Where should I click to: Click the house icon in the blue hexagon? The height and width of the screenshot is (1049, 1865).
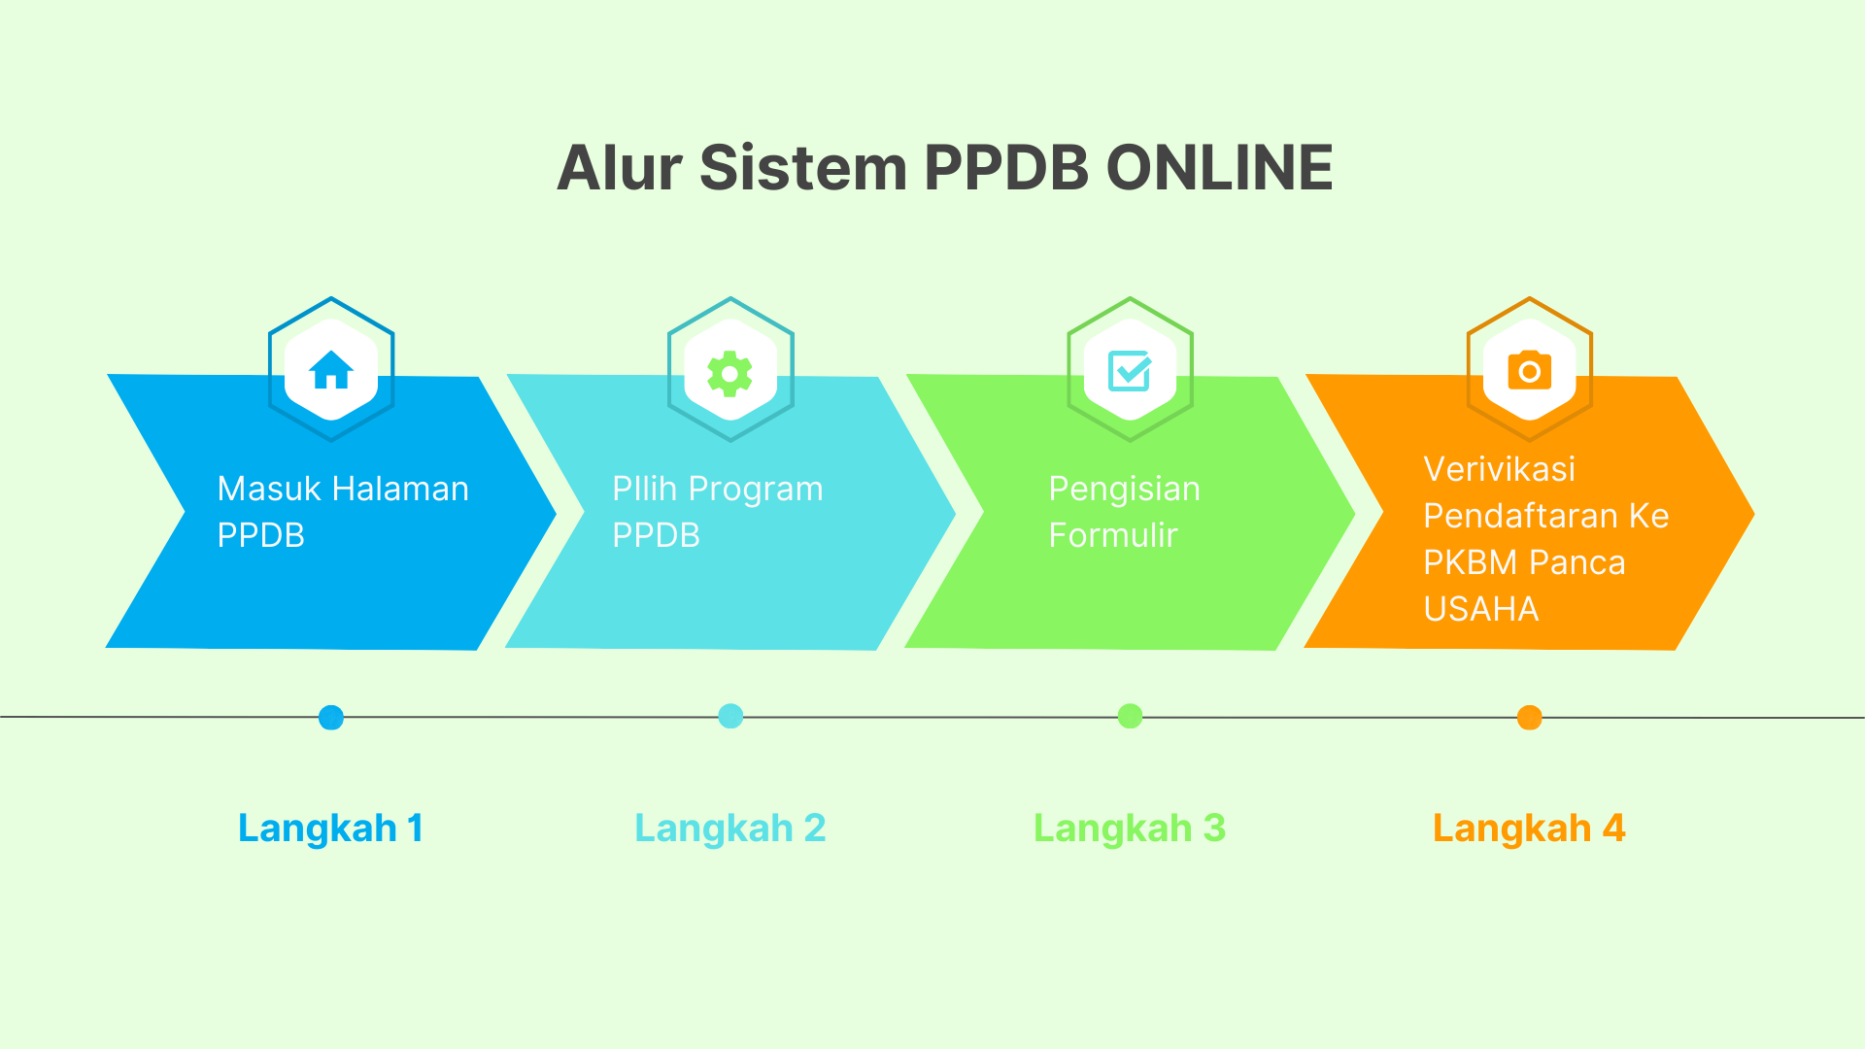331,369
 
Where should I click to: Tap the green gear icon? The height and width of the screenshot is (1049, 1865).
730,374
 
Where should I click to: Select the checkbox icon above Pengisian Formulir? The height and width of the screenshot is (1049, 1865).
1130,371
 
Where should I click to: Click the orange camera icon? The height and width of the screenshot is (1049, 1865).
1530,370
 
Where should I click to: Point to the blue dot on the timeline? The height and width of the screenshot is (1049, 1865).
331,718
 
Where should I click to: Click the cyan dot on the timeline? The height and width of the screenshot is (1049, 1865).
730,716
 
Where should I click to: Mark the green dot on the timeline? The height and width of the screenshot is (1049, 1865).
1130,716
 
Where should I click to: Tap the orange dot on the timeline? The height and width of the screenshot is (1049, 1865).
1530,718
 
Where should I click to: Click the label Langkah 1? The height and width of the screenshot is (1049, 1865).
331,829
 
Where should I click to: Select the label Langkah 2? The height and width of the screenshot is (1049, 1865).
730,829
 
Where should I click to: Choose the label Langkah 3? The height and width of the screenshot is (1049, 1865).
1130,829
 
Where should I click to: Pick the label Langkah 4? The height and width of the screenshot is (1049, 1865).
1530,829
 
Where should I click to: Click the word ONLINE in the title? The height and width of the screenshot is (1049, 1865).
1219,167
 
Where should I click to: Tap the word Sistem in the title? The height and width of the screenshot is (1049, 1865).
803,167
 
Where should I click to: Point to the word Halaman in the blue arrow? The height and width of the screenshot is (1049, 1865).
398,489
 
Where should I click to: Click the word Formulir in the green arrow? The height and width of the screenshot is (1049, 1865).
1113,535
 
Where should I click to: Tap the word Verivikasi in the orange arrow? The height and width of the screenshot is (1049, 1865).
1500,469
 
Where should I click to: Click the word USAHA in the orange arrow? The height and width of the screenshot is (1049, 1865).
1481,609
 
